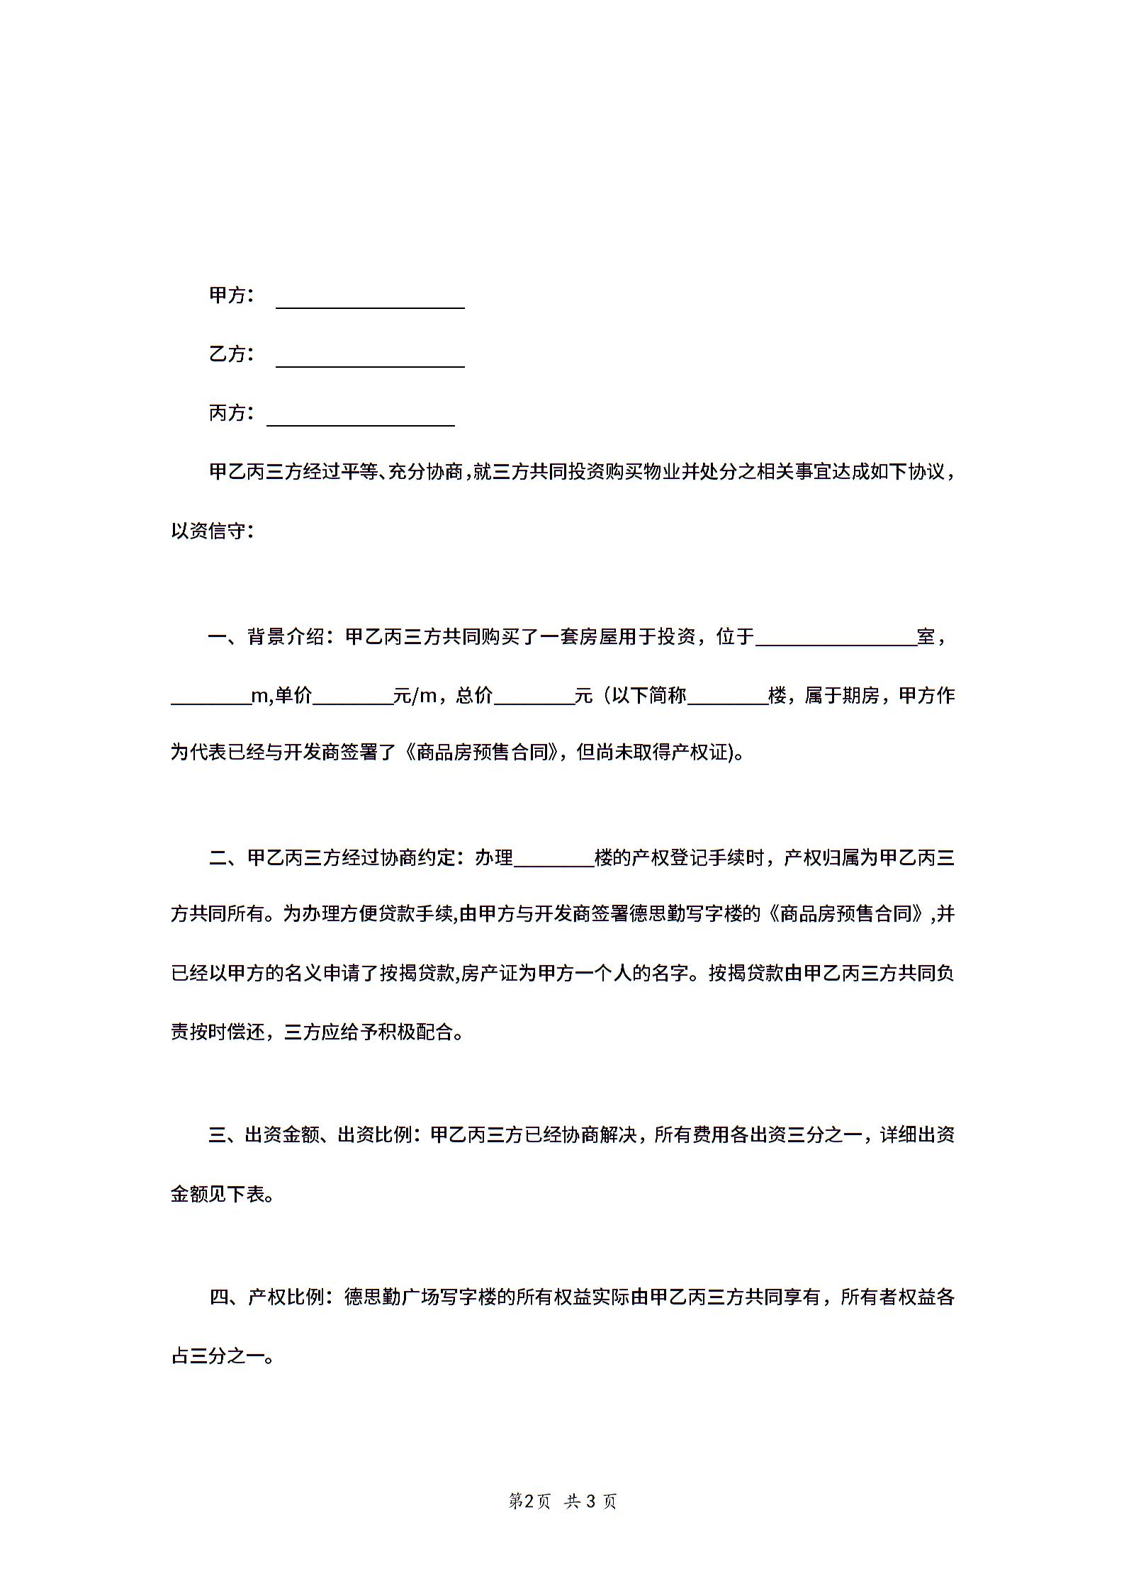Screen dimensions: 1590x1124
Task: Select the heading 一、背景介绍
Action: (266, 637)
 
